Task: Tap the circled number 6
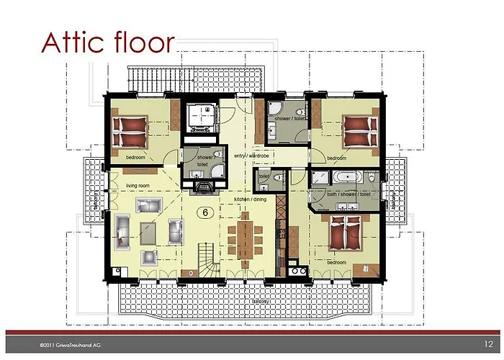tap(205, 212)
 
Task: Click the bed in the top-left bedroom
tap(130, 132)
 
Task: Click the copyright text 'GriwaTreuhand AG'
tap(68, 347)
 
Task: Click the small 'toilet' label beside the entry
tap(264, 175)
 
